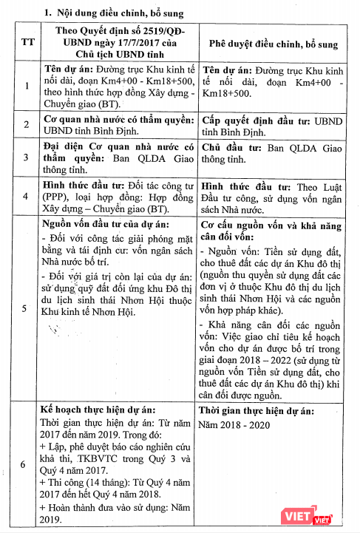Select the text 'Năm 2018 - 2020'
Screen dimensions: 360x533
236,425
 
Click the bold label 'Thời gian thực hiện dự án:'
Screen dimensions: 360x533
259,410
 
